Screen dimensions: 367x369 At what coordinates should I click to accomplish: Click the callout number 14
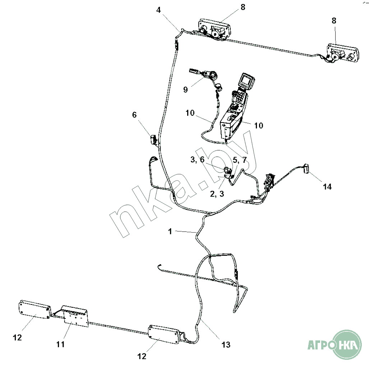click(327, 187)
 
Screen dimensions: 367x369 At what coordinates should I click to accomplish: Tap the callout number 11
click(60, 344)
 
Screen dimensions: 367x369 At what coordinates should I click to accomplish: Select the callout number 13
click(226, 345)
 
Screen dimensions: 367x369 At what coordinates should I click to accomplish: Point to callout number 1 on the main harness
click(170, 232)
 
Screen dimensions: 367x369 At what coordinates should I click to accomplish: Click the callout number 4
click(158, 10)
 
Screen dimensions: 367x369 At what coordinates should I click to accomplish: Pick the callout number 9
click(185, 90)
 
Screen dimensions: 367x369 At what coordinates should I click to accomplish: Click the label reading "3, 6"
click(197, 160)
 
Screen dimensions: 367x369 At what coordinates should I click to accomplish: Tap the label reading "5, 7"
click(240, 160)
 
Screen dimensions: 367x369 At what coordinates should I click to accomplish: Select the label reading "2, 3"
click(217, 194)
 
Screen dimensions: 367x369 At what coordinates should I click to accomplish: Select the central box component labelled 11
click(75, 316)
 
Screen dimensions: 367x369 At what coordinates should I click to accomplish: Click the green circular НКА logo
click(346, 345)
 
